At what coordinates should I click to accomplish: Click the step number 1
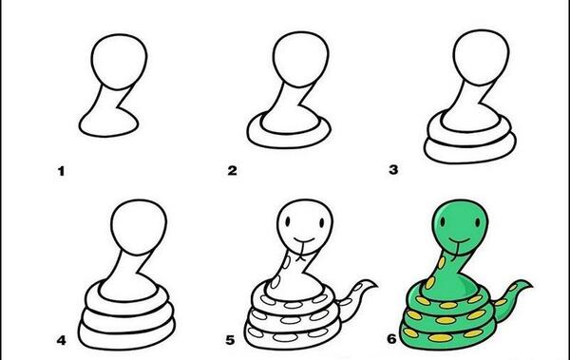(61, 171)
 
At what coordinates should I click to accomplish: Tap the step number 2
(233, 171)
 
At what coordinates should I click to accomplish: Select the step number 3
(393, 170)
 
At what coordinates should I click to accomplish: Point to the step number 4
(61, 340)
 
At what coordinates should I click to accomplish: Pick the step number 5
(230, 340)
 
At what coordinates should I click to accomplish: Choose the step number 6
(391, 339)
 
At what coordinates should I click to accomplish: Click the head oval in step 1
(120, 62)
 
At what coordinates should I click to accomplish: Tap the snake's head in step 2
(301, 60)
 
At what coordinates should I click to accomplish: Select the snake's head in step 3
(481, 57)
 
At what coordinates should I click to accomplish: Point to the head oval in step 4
(139, 227)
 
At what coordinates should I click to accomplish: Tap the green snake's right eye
(478, 222)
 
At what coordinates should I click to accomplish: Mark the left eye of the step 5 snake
(288, 221)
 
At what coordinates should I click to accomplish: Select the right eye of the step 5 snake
(322, 223)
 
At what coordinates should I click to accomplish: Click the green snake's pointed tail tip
(531, 287)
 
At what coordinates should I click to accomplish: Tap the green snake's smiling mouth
(459, 240)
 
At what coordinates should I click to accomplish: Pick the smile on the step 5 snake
(304, 240)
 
